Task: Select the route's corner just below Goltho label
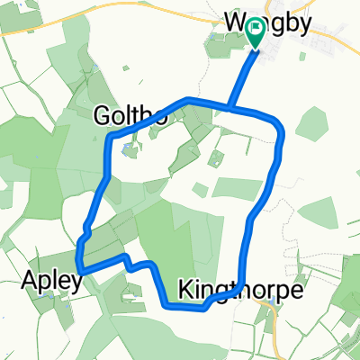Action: pyautogui.click(x=111, y=139)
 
